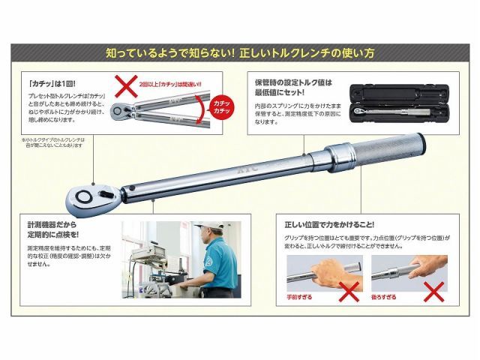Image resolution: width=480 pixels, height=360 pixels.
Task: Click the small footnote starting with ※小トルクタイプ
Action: click(x=57, y=142)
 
